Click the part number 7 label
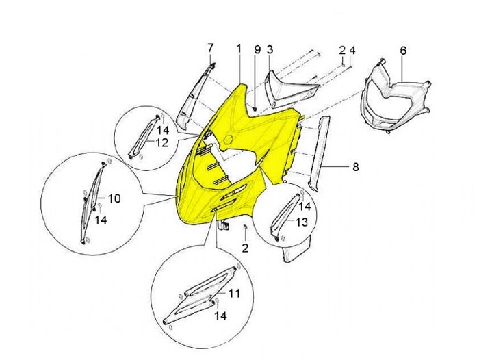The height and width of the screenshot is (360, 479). [x=210, y=49]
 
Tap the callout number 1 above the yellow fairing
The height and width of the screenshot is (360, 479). [x=239, y=49]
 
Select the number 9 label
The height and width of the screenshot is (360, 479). [x=257, y=49]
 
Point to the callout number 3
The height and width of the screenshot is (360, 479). [x=270, y=49]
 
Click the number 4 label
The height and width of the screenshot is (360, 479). [x=352, y=50]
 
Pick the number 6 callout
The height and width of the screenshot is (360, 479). [x=403, y=51]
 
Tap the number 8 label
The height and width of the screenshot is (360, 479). [x=356, y=167]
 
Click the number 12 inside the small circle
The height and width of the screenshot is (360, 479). [x=163, y=142]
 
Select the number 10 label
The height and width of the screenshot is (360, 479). [x=114, y=198]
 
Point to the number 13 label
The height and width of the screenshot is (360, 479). [x=302, y=222]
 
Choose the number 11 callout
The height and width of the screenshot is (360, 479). [x=234, y=294]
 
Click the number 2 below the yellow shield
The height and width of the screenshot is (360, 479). [x=245, y=248]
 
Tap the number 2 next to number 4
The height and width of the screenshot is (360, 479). [x=342, y=50]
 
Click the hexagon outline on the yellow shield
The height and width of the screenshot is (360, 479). [x=228, y=140]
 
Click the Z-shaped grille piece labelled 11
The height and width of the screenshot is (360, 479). [x=200, y=297]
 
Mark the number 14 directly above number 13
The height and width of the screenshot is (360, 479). [x=305, y=207]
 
